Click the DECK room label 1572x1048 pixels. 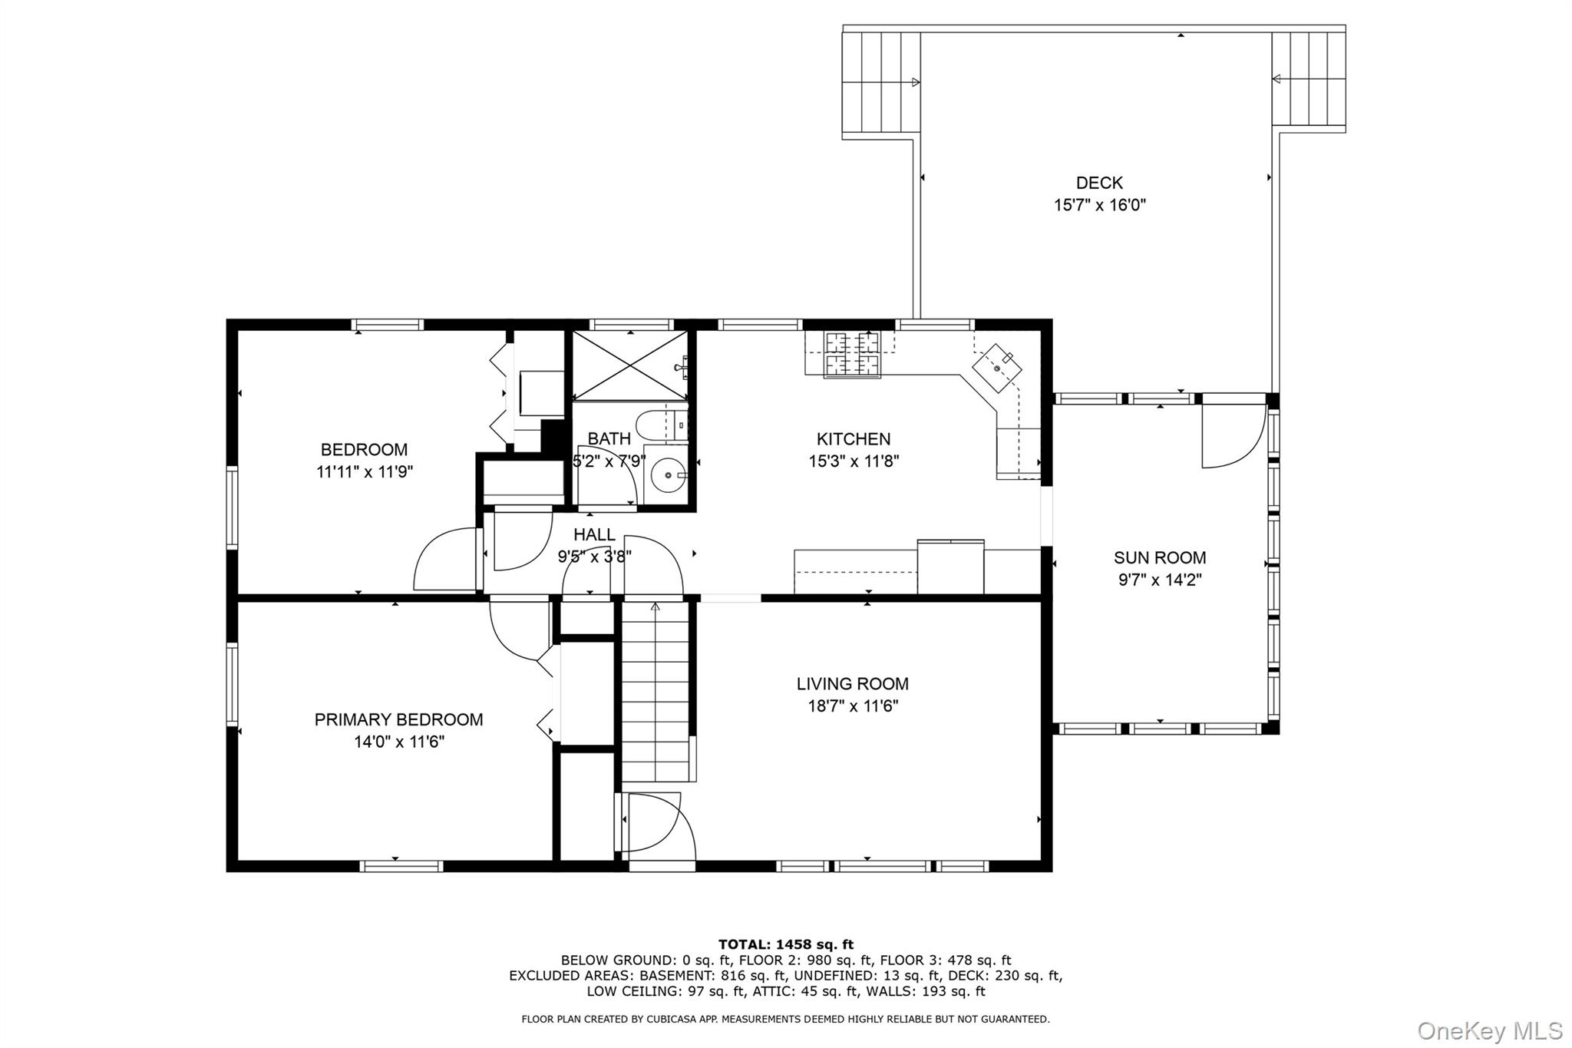coord(1099,183)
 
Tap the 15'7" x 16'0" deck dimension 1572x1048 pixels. coord(1099,205)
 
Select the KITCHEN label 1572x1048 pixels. coord(854,439)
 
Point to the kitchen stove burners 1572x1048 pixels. coord(852,354)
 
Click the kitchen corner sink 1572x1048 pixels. coord(997,369)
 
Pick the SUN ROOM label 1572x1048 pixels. coord(1160,557)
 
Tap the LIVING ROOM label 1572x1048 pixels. coord(852,683)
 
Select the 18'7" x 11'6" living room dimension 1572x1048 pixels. coord(852,706)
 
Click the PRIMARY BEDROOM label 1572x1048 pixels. coord(398,719)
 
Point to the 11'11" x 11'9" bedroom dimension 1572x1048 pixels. coord(365,471)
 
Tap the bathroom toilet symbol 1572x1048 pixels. coord(662,427)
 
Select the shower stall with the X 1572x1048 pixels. coord(630,365)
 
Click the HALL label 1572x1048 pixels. coord(594,534)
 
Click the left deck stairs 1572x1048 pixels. coord(881,82)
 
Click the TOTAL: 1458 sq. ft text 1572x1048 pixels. coord(786,944)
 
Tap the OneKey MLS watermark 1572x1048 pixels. coord(1490,1030)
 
